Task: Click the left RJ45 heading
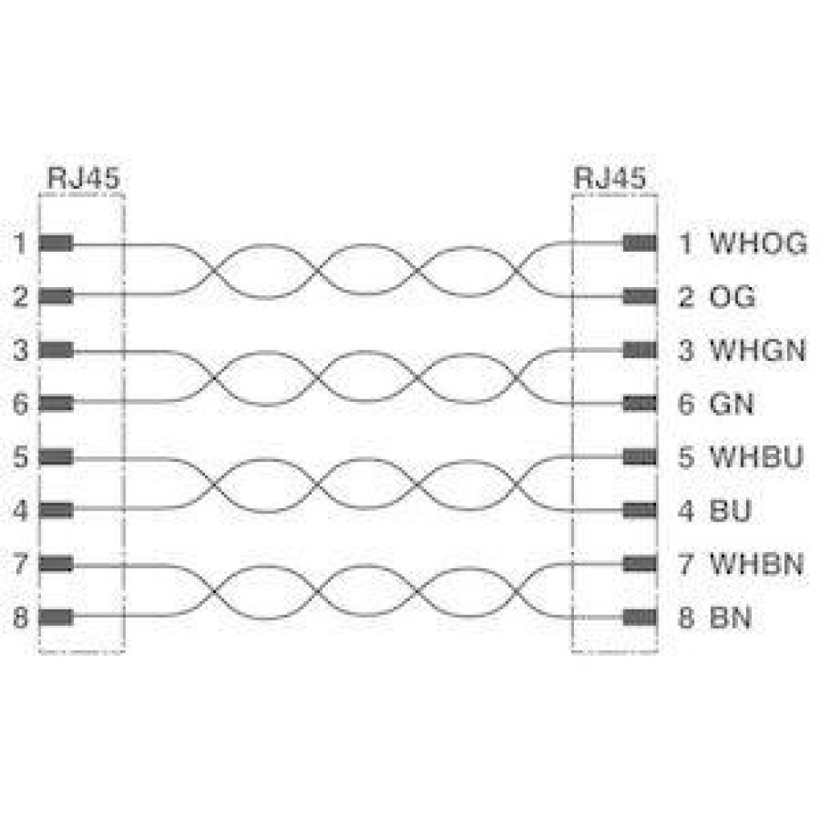pos(84,178)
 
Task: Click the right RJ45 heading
pos(610,178)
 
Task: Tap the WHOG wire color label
pos(758,244)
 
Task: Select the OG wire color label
pos(732,297)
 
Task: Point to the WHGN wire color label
pos(757,350)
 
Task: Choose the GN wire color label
pos(731,403)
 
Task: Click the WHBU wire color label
pos(756,457)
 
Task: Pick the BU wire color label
pos(731,510)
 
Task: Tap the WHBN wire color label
pos(756,564)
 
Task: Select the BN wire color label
pos(731,617)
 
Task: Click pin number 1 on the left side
pos(20,244)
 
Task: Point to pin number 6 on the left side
pos(20,403)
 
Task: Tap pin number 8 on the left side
pos(20,617)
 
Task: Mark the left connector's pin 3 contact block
pos(56,350)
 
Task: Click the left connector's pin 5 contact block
pos(56,457)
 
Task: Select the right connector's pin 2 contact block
pos(640,297)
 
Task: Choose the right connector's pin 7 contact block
pos(640,564)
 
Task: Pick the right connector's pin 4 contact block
pos(640,510)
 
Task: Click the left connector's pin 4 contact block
pos(56,510)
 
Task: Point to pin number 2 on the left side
pos(20,297)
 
